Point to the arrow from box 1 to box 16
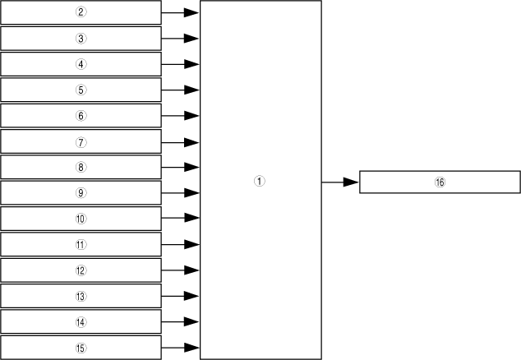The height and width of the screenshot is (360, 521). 340,182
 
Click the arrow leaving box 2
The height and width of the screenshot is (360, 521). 181,12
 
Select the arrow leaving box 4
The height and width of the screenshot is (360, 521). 181,64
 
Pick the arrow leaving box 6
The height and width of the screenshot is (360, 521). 181,115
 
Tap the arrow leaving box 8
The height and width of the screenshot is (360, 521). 181,167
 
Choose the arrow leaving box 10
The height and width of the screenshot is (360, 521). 181,219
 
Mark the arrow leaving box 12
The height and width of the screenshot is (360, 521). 181,270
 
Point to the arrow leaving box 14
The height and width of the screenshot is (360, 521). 181,321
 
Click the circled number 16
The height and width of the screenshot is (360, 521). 440,182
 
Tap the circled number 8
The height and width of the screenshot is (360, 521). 81,167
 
